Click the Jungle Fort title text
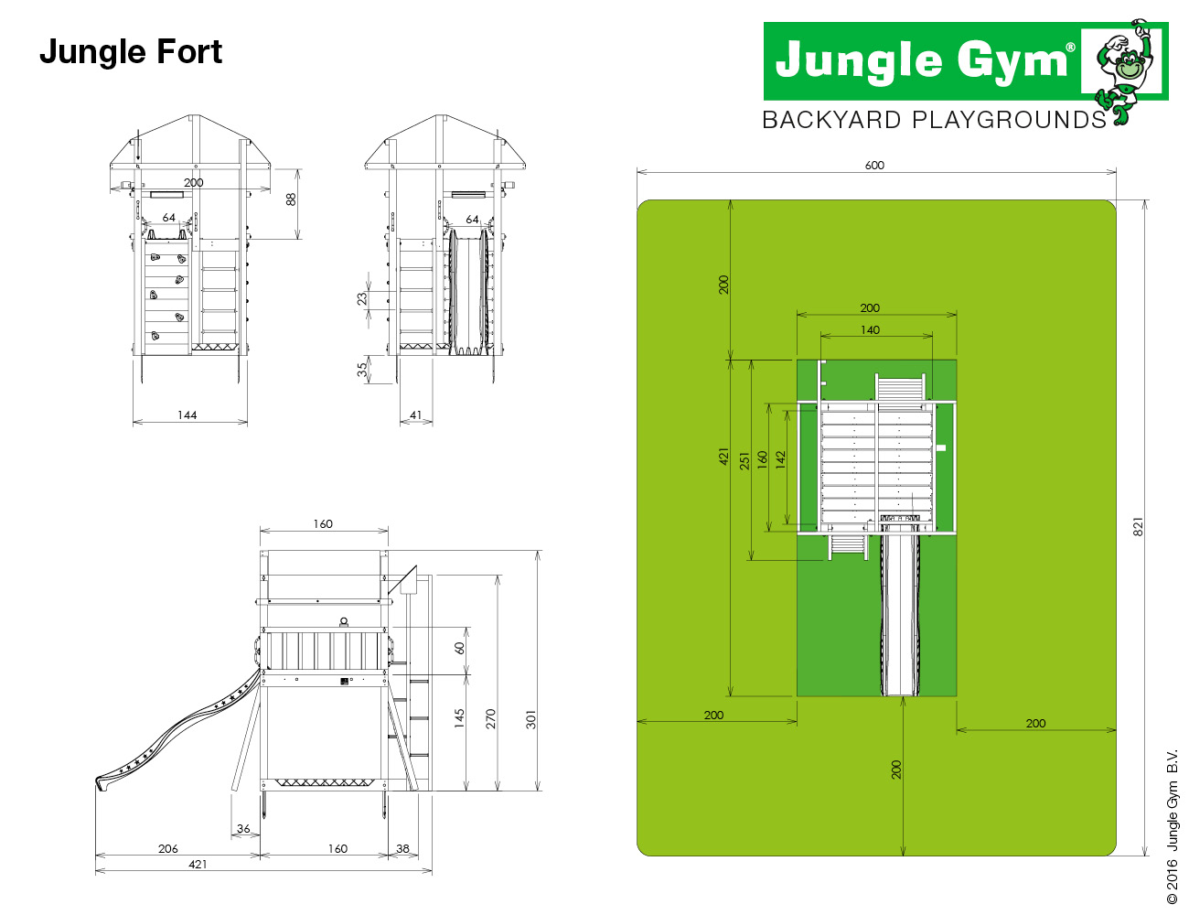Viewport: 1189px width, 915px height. (131, 52)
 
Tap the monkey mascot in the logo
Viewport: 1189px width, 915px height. (1129, 71)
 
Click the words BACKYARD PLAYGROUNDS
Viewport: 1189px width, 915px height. (935, 120)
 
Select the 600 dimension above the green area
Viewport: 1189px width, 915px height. (873, 166)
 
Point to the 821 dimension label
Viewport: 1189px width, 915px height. (1138, 526)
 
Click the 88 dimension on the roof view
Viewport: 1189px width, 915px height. (291, 199)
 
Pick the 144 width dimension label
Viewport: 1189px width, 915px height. (187, 414)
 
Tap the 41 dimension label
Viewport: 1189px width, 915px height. (416, 414)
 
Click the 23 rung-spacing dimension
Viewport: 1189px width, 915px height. (362, 298)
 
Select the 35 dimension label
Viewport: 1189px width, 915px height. (362, 371)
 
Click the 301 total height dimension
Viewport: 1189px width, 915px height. (530, 719)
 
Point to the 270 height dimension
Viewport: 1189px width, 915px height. (490, 718)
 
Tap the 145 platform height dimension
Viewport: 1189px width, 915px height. (459, 718)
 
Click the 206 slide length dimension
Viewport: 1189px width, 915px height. (168, 848)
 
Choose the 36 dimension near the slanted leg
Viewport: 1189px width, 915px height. (243, 829)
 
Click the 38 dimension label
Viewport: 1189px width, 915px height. (402, 848)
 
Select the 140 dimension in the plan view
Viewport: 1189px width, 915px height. (870, 330)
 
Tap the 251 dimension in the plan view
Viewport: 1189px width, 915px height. (744, 460)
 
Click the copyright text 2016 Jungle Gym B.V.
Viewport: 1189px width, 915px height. (1172, 827)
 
